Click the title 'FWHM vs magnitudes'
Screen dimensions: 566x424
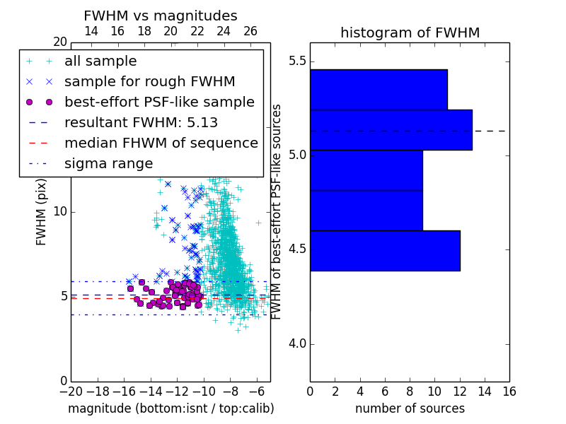pyautogui.click(x=161, y=16)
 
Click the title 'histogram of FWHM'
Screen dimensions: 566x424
pyautogui.click(x=410, y=33)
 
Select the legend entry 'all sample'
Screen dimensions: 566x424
pyautogui.click(x=100, y=61)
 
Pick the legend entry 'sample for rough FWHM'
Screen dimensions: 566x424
pyautogui.click(x=150, y=81)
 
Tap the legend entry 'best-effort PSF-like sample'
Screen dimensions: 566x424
pyautogui.click(x=160, y=102)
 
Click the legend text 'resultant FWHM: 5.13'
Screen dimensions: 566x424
pyautogui.click(x=141, y=122)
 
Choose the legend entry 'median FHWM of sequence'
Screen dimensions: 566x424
pyautogui.click(x=161, y=143)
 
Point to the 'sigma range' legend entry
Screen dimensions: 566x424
pyautogui.click(x=109, y=164)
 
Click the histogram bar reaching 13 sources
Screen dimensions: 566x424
pyautogui.click(x=391, y=130)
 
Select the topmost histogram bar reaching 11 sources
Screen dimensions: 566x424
pyautogui.click(x=379, y=90)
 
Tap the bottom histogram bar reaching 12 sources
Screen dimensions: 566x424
pyautogui.click(x=385, y=251)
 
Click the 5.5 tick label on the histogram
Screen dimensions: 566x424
pyautogui.click(x=297, y=61)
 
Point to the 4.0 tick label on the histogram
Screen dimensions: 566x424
pyautogui.click(x=297, y=344)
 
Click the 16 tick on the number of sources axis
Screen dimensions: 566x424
pyautogui.click(x=509, y=391)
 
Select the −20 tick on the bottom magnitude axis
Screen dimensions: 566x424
pyautogui.click(x=71, y=391)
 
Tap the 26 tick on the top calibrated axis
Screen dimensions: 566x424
pyautogui.click(x=250, y=31)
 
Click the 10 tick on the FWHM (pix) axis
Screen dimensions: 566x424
pyautogui.click(x=60, y=211)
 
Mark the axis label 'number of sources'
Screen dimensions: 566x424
pyautogui.click(x=410, y=408)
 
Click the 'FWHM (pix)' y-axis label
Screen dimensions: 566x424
pyautogui.click(x=41, y=213)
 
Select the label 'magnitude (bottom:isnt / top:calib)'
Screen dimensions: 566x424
pyautogui.click(x=171, y=408)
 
